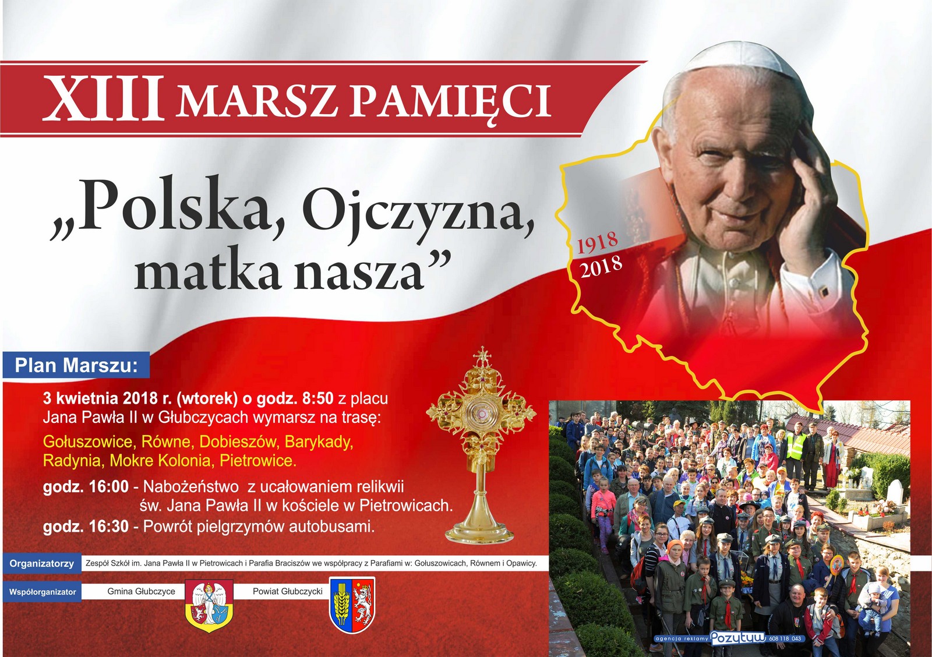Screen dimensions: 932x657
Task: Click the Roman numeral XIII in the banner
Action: [x=103, y=98]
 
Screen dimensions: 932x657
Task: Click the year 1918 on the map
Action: [x=598, y=242]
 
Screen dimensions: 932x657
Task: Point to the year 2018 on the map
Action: [x=602, y=266]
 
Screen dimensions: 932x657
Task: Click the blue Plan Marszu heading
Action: [x=76, y=365]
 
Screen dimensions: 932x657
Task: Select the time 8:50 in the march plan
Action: [x=318, y=398]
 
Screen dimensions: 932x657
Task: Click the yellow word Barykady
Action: [x=319, y=442]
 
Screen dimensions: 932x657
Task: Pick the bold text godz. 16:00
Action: [x=86, y=487]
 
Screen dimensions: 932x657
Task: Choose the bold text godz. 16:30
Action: [x=86, y=527]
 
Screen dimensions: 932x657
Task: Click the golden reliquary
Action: [x=481, y=445]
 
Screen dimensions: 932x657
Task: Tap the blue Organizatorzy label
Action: [x=41, y=564]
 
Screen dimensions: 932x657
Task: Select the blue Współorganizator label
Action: [x=43, y=592]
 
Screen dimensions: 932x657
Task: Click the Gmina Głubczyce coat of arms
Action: [x=209, y=606]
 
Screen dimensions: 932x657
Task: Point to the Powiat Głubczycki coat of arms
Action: [x=352, y=605]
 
